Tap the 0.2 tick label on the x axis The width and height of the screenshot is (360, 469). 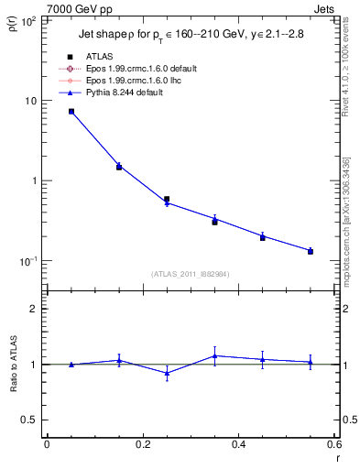click(142, 445)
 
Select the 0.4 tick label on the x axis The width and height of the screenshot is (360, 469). click(238, 445)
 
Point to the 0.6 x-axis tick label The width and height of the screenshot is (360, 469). click(333, 445)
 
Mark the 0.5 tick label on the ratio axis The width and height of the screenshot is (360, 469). click(29, 420)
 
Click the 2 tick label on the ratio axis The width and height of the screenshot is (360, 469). click(34, 310)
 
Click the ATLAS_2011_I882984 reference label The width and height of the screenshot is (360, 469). click(191, 274)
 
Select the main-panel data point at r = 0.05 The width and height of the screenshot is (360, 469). click(71, 112)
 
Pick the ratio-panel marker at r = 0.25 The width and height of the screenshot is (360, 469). click(167, 373)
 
